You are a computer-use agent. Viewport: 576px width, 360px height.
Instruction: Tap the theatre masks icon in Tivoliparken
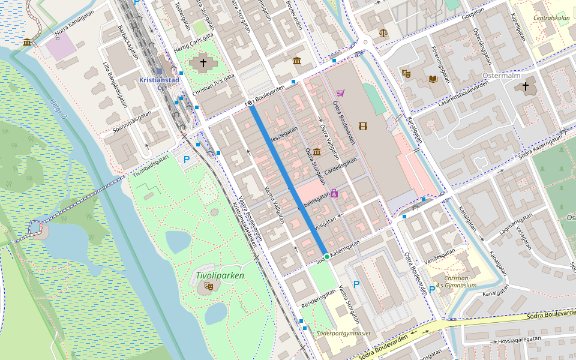click(209, 286)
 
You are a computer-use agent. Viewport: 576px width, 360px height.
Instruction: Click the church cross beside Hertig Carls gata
click(203, 62)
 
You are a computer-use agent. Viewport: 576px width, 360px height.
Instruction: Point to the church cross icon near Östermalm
click(526, 86)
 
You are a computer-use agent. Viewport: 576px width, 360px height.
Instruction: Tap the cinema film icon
click(362, 126)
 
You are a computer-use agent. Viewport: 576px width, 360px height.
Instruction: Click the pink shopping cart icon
click(341, 93)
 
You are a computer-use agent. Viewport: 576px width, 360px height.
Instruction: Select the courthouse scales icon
click(383, 32)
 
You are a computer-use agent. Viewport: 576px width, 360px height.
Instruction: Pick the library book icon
click(433, 79)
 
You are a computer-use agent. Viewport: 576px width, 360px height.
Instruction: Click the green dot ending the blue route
click(326, 257)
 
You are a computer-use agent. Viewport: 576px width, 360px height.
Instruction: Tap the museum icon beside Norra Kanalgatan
click(27, 41)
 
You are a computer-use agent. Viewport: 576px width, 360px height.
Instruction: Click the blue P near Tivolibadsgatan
click(187, 160)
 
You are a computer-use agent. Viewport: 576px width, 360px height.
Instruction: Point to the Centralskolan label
click(551, 18)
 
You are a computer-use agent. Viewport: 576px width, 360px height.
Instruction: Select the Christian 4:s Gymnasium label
click(456, 282)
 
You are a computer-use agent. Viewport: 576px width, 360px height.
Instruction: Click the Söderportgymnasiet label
click(343, 333)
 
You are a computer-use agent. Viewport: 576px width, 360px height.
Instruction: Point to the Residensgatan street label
click(319, 300)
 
